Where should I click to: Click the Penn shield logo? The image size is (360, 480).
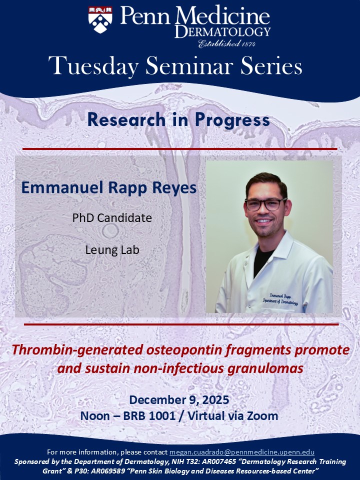(100, 20)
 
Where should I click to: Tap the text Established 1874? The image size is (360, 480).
(227, 43)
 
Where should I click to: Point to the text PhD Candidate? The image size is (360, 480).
(112, 218)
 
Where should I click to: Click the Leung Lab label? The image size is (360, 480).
(112, 250)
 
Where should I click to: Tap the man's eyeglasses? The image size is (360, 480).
(265, 204)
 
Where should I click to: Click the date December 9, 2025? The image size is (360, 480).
(179, 400)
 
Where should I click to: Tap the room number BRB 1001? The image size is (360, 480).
(149, 416)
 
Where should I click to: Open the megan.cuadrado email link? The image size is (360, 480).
(242, 452)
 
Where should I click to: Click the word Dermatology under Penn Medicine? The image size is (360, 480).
(223, 32)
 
